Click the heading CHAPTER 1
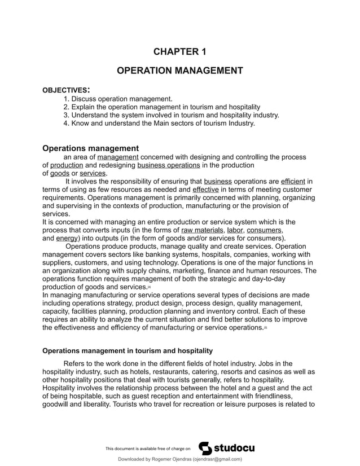179,52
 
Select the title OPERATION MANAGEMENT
179,71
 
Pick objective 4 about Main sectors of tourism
159,123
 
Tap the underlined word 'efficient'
293,182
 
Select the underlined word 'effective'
206,190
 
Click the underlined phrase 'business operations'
168,165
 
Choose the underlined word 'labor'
235,230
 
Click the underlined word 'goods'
59,174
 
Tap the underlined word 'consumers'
265,230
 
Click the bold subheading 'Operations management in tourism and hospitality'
128,350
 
